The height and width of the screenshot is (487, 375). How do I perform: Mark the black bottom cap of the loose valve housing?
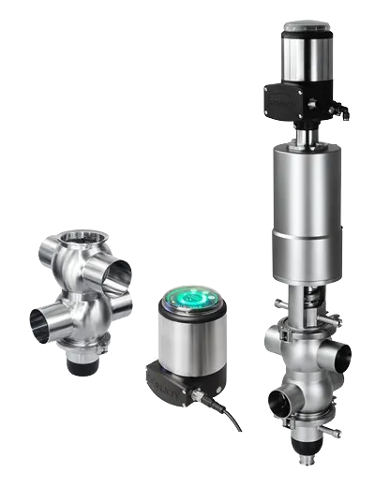[x=85, y=364]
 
